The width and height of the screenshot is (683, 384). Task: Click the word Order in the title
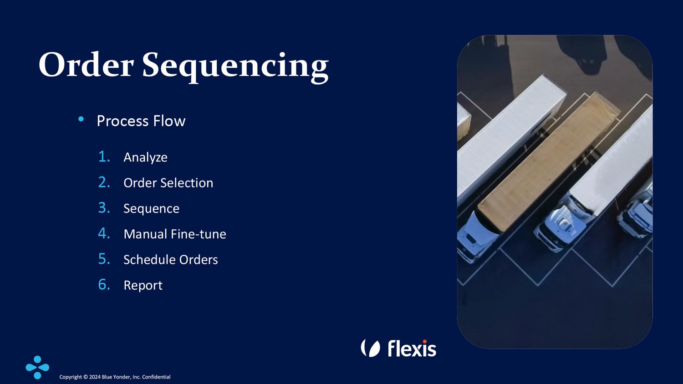pyautogui.click(x=87, y=65)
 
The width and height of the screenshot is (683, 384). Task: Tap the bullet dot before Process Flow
pyautogui.click(x=81, y=119)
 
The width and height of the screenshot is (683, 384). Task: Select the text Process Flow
pyautogui.click(x=141, y=121)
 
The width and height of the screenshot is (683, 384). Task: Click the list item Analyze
pyautogui.click(x=145, y=157)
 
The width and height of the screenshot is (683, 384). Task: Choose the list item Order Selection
pyautogui.click(x=168, y=183)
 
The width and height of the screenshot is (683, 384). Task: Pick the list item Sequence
pyautogui.click(x=151, y=209)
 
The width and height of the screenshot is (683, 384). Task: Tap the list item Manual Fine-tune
pyautogui.click(x=175, y=234)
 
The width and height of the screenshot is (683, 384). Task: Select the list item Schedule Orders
pyautogui.click(x=170, y=260)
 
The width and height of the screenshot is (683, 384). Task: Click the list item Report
pyautogui.click(x=143, y=286)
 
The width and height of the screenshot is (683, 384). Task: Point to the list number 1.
pyautogui.click(x=104, y=157)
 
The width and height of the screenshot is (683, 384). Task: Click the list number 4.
pyautogui.click(x=104, y=233)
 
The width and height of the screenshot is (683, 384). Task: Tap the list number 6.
pyautogui.click(x=104, y=285)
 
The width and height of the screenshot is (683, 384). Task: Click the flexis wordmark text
pyautogui.click(x=412, y=348)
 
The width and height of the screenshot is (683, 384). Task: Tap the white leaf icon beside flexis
pyautogui.click(x=371, y=348)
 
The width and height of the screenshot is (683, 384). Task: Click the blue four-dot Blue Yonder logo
pyautogui.click(x=37, y=367)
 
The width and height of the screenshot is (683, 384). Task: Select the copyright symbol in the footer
pyautogui.click(x=86, y=377)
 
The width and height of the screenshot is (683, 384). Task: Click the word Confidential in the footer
pyautogui.click(x=156, y=377)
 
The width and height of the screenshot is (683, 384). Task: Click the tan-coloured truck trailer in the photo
pyautogui.click(x=549, y=162)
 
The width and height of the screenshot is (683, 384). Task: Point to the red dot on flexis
pyautogui.click(x=424, y=342)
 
